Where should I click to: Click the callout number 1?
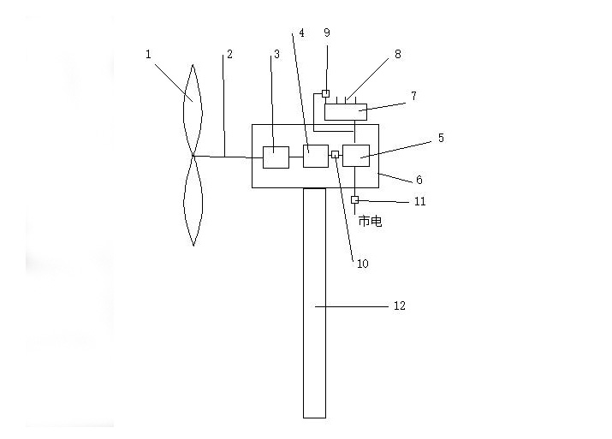[x=148, y=54]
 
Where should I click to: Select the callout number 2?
[x=229, y=54]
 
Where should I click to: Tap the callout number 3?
[x=276, y=54]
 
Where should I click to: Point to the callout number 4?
[x=301, y=33]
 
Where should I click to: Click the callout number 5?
[x=441, y=138]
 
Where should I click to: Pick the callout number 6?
[x=419, y=180]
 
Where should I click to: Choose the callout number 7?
[x=413, y=96]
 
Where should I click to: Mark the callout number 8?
[x=398, y=54]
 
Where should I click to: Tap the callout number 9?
[x=327, y=33]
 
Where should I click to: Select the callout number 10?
[x=363, y=264]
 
